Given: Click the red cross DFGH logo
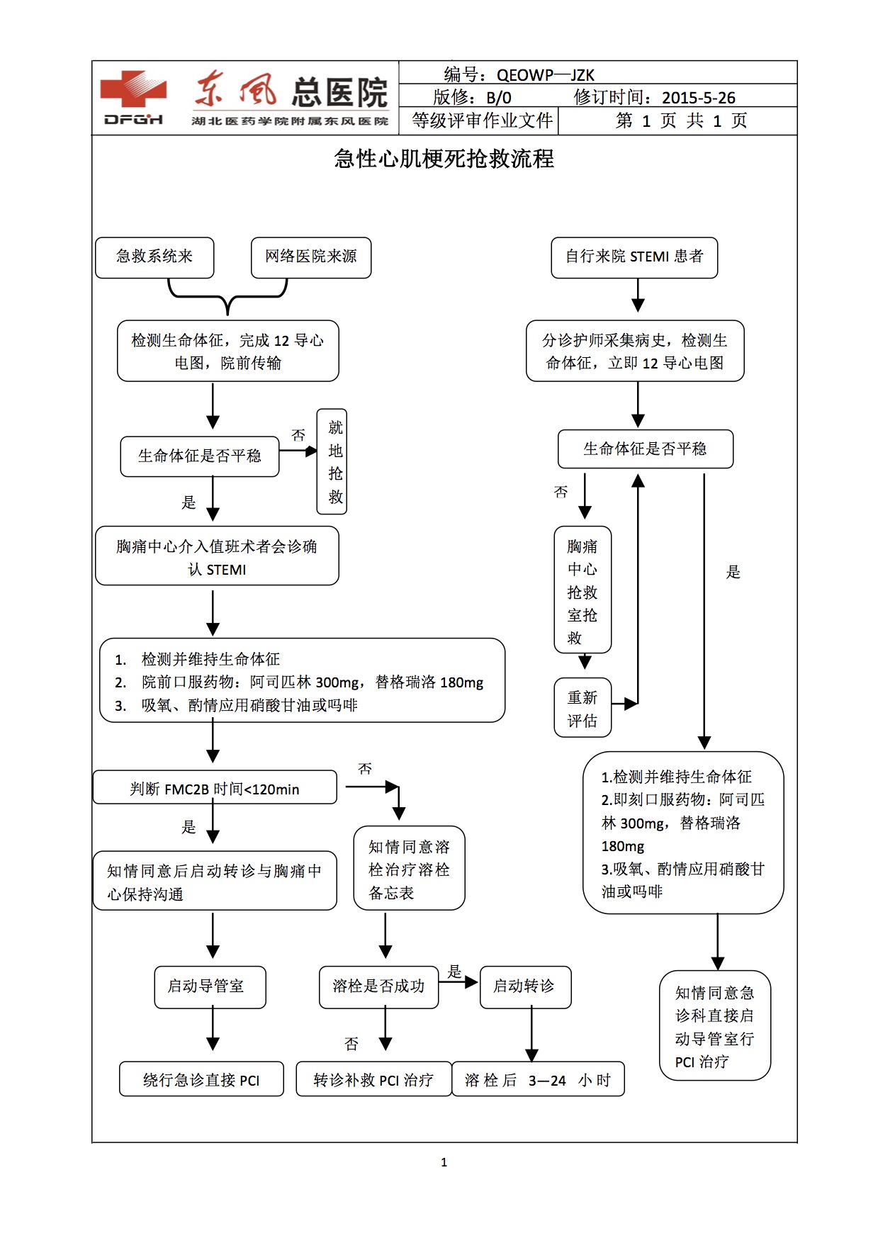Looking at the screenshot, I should [x=133, y=98].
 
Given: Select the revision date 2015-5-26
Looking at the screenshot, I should [x=698, y=98].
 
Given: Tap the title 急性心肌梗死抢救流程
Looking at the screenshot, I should [x=444, y=159].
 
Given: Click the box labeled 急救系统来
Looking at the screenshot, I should [x=154, y=257].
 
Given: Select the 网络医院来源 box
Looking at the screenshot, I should [x=311, y=257].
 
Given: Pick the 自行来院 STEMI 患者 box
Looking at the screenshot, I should [x=634, y=257].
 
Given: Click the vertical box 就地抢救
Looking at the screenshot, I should [x=332, y=461].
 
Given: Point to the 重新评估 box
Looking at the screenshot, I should [x=582, y=708].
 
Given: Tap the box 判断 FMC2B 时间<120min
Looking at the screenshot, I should [x=215, y=788].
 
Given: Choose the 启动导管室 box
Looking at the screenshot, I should [x=210, y=986].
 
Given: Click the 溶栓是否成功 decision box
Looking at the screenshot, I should [x=378, y=986].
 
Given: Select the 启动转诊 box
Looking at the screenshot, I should [x=525, y=986].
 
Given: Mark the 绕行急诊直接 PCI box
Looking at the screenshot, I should [x=201, y=1079].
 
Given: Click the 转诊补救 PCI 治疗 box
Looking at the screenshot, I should [x=373, y=1079].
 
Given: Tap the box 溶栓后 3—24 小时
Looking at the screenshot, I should [x=538, y=1079].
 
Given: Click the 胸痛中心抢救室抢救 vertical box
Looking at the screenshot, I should [x=582, y=590].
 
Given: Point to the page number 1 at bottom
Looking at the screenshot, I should [x=444, y=1162].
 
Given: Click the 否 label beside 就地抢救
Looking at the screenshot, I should [x=298, y=435].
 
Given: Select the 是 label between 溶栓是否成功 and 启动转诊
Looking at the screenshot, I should [x=455, y=971].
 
